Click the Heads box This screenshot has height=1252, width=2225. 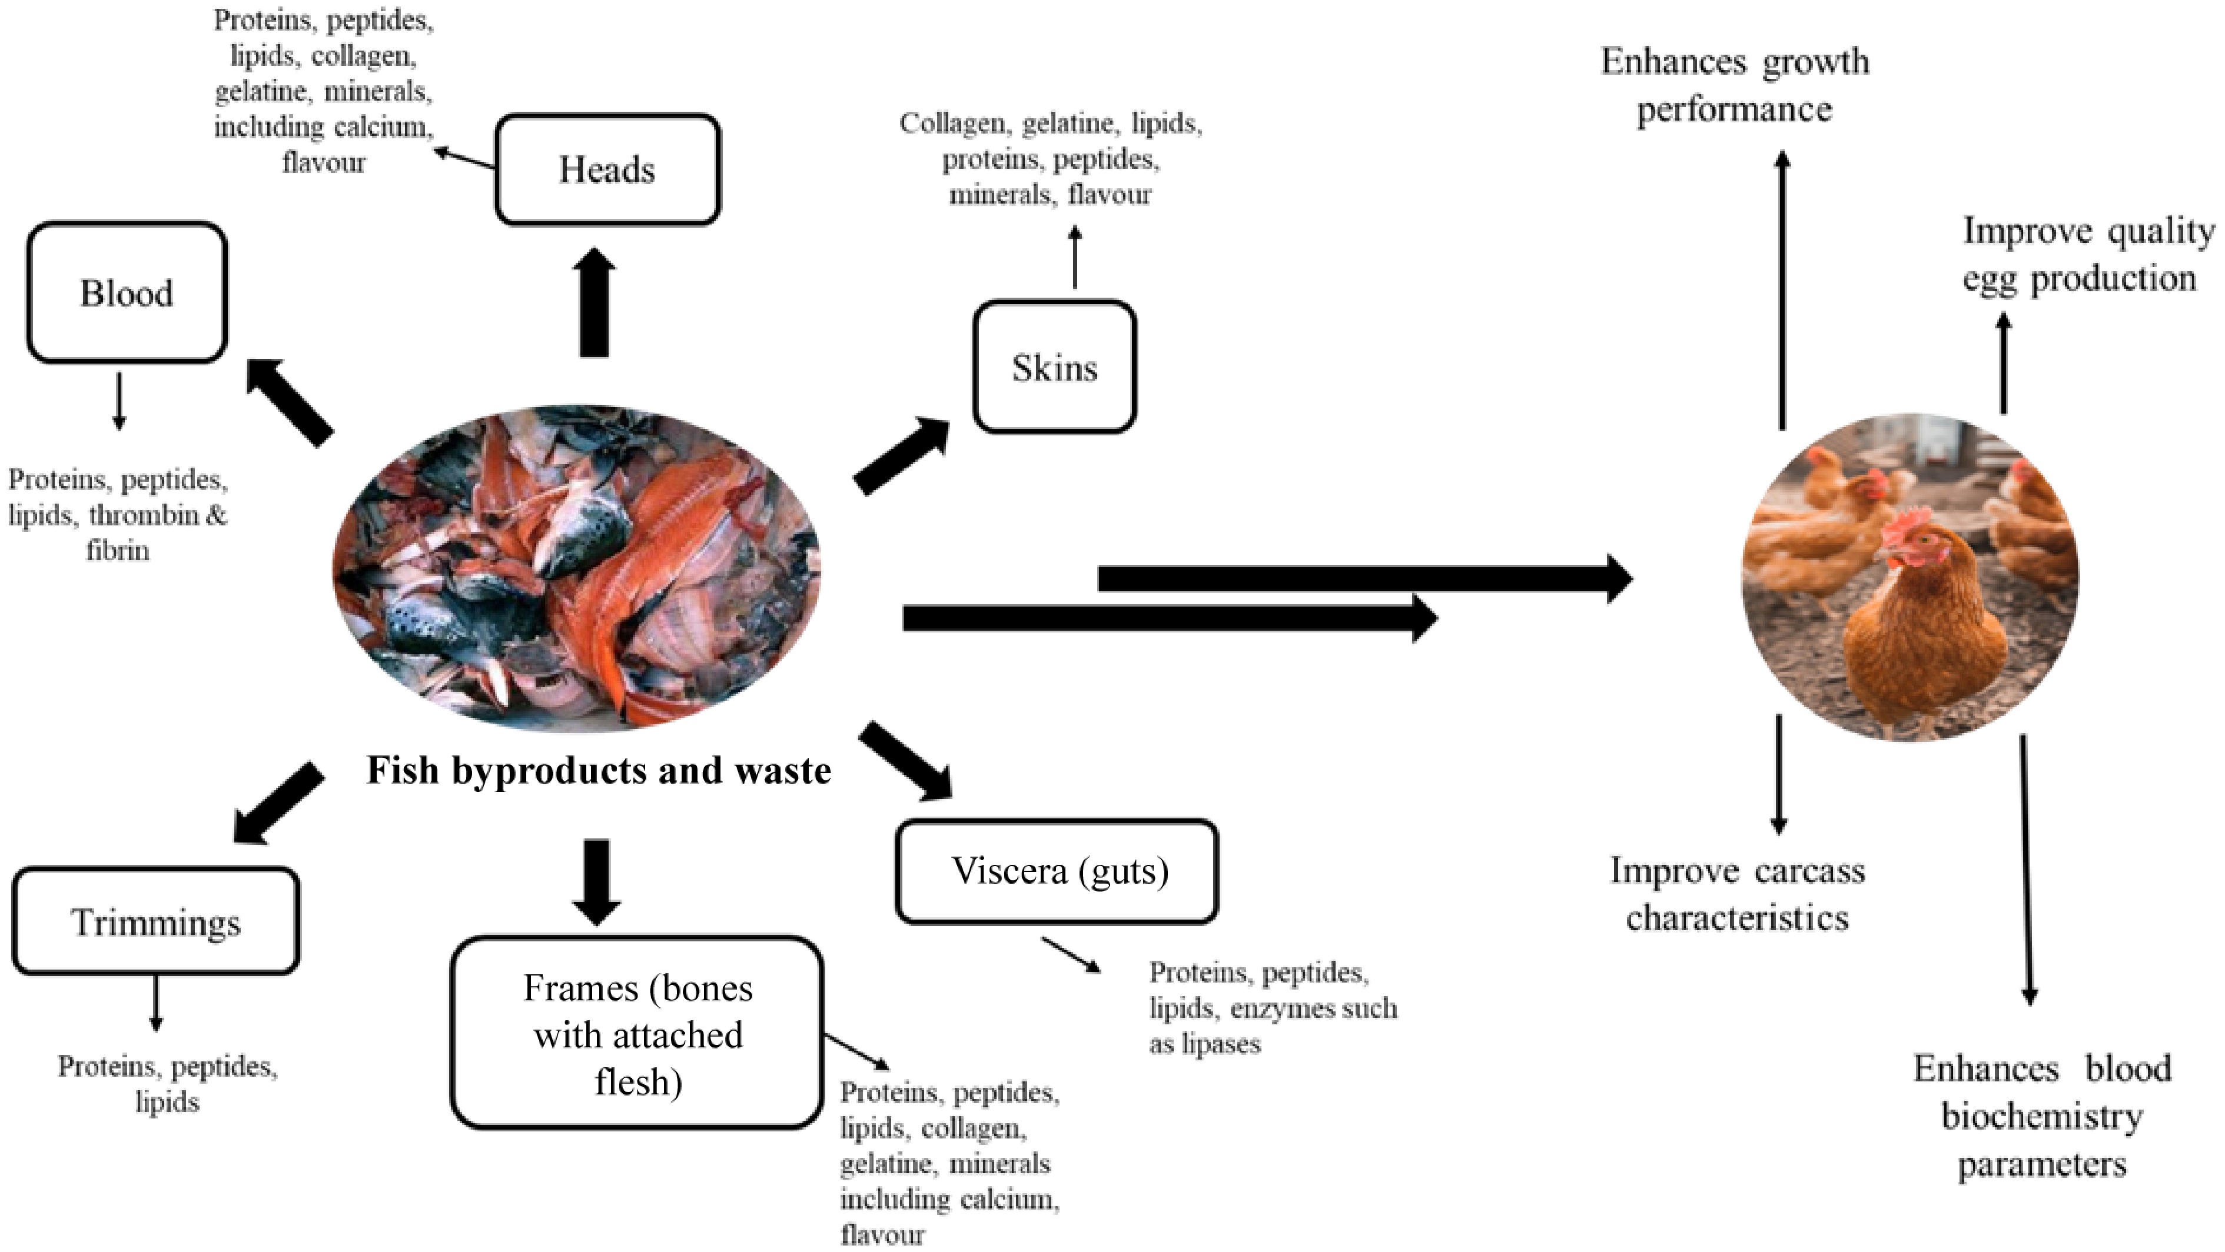(607, 169)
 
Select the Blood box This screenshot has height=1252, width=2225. (127, 293)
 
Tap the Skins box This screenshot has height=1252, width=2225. (1054, 367)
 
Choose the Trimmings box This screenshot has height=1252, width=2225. (155, 921)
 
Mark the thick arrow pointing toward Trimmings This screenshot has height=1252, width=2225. (278, 802)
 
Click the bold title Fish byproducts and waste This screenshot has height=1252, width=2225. (599, 770)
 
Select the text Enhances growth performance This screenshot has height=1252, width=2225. (1735, 85)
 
